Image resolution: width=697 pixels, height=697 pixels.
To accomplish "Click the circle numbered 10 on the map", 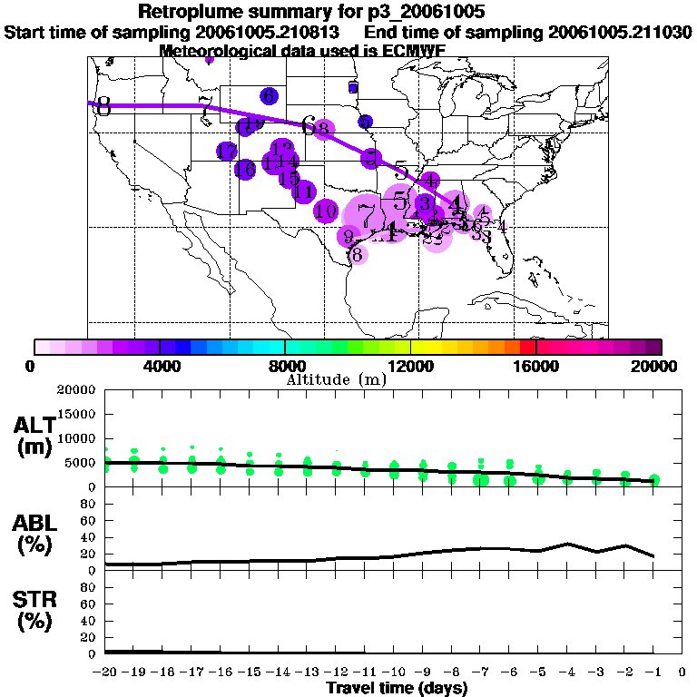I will tap(326, 211).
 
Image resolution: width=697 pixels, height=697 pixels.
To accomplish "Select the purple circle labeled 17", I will tap(227, 152).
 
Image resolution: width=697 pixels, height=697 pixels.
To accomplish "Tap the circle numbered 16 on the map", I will tap(245, 169).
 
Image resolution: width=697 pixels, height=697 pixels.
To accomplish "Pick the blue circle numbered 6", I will tap(269, 95).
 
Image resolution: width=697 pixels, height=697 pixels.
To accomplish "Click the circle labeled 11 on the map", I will tap(304, 191).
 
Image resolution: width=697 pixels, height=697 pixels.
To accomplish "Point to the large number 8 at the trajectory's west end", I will tap(103, 107).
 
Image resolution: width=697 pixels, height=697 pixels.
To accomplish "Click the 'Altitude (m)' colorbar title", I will tap(336, 379).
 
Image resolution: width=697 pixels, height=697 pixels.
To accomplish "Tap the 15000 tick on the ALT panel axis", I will tap(76, 414).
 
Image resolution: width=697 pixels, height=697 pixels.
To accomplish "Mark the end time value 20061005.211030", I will tap(620, 33).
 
